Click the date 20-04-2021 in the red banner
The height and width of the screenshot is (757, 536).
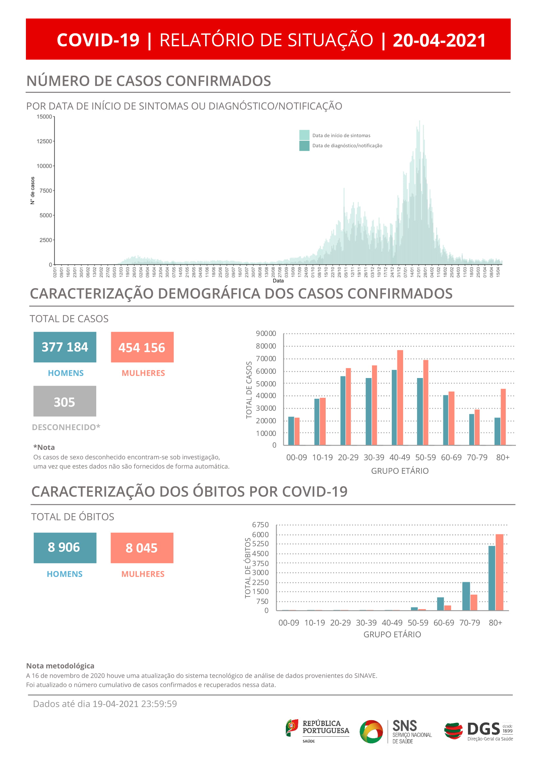pyautogui.click(x=439, y=40)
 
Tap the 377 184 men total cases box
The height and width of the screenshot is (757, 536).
pyautogui.click(x=65, y=347)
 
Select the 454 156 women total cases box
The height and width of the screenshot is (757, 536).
pyautogui.click(x=142, y=347)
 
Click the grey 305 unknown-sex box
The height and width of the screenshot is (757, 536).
pyautogui.click(x=65, y=401)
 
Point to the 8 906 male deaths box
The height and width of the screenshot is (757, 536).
pyautogui.click(x=65, y=548)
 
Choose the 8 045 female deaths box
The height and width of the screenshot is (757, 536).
pyautogui.click(x=142, y=548)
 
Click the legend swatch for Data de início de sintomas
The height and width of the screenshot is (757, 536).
pyautogui.click(x=304, y=135)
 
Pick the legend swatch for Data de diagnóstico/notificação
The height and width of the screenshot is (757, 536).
pyautogui.click(x=304, y=145)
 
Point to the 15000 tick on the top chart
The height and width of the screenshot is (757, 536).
pyautogui.click(x=44, y=117)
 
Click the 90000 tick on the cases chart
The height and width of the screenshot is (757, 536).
pyautogui.click(x=266, y=333)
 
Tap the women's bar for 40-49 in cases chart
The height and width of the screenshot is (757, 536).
pyautogui.click(x=400, y=397)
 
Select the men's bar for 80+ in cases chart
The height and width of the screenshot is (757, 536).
pyautogui.click(x=497, y=431)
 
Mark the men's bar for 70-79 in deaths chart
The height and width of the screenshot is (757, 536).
pyautogui.click(x=466, y=596)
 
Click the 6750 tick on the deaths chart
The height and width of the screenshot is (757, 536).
pyautogui.click(x=260, y=525)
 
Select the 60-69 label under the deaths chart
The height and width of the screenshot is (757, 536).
pyautogui.click(x=444, y=622)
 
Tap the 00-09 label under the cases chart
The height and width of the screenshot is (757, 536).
pyautogui.click(x=297, y=457)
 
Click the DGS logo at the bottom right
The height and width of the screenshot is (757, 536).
pyautogui.click(x=478, y=731)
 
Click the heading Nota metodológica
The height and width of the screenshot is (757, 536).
pyautogui.click(x=60, y=666)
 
